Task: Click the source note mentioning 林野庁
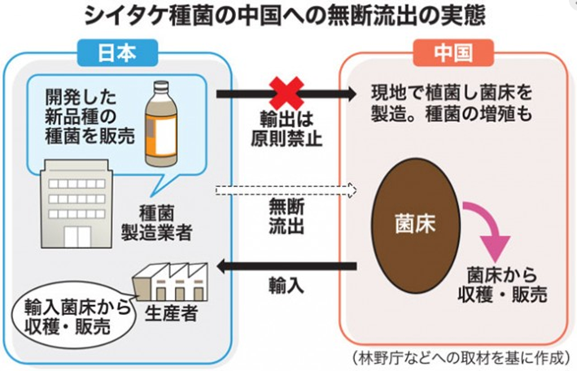click(x=458, y=358)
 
